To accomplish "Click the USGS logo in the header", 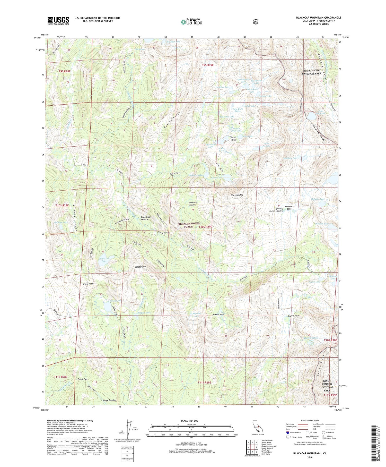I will click(x=58, y=21).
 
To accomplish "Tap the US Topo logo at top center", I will click(x=191, y=22).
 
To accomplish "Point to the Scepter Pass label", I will click(x=141, y=267).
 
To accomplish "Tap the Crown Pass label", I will click(x=87, y=284).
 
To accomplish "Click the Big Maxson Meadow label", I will click(x=146, y=218).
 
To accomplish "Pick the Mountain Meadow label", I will click(x=193, y=204).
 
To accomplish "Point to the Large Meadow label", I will click(x=110, y=400).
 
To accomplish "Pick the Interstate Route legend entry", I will click(x=295, y=433).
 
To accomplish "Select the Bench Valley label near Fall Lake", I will click(x=233, y=139).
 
